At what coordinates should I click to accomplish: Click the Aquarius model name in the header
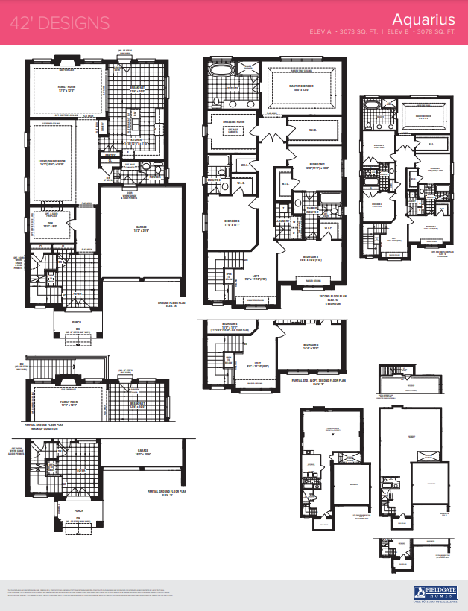coord(424,19)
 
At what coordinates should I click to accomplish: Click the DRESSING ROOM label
coord(233,122)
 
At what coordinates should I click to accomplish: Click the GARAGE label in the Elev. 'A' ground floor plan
coord(142,227)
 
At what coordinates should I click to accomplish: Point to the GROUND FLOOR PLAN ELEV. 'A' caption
coord(170,303)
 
